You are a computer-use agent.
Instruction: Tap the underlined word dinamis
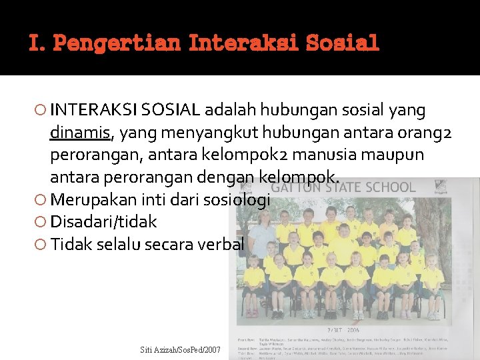click(x=80, y=133)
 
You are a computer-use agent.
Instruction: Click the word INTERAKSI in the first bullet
click(x=85, y=110)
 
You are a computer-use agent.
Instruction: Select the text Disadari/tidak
click(x=103, y=221)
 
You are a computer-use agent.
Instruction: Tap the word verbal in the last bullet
click(x=221, y=244)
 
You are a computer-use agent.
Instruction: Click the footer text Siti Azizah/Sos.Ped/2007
click(x=180, y=349)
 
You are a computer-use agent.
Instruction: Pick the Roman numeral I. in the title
click(x=37, y=44)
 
